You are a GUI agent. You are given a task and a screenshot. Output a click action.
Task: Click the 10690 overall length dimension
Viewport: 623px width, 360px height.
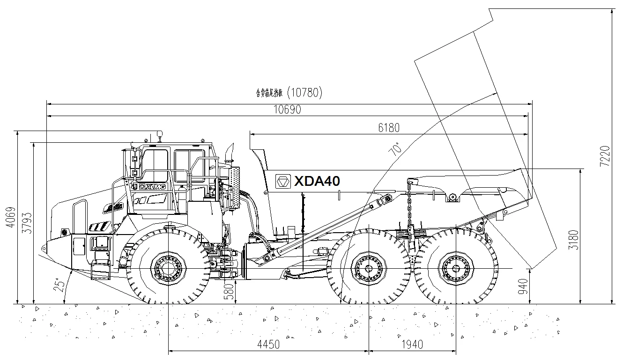pyautogui.click(x=288, y=110)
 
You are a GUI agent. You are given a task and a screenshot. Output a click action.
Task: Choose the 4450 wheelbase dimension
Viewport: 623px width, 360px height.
pyautogui.click(x=268, y=345)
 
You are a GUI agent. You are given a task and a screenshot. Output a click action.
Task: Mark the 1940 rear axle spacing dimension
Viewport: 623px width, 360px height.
pyautogui.click(x=412, y=345)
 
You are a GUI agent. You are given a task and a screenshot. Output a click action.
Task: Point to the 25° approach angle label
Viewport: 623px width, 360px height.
pyautogui.click(x=60, y=286)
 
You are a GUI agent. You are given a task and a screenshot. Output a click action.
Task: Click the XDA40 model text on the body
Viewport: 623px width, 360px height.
pyautogui.click(x=317, y=181)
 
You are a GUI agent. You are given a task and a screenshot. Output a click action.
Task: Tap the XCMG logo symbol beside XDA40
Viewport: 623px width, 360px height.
pyautogui.click(x=283, y=181)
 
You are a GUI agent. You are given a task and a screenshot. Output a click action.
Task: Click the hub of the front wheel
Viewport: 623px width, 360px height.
pyautogui.click(x=168, y=268)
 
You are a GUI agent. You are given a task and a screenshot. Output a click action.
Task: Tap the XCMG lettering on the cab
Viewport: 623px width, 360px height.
pyautogui.click(x=152, y=186)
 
